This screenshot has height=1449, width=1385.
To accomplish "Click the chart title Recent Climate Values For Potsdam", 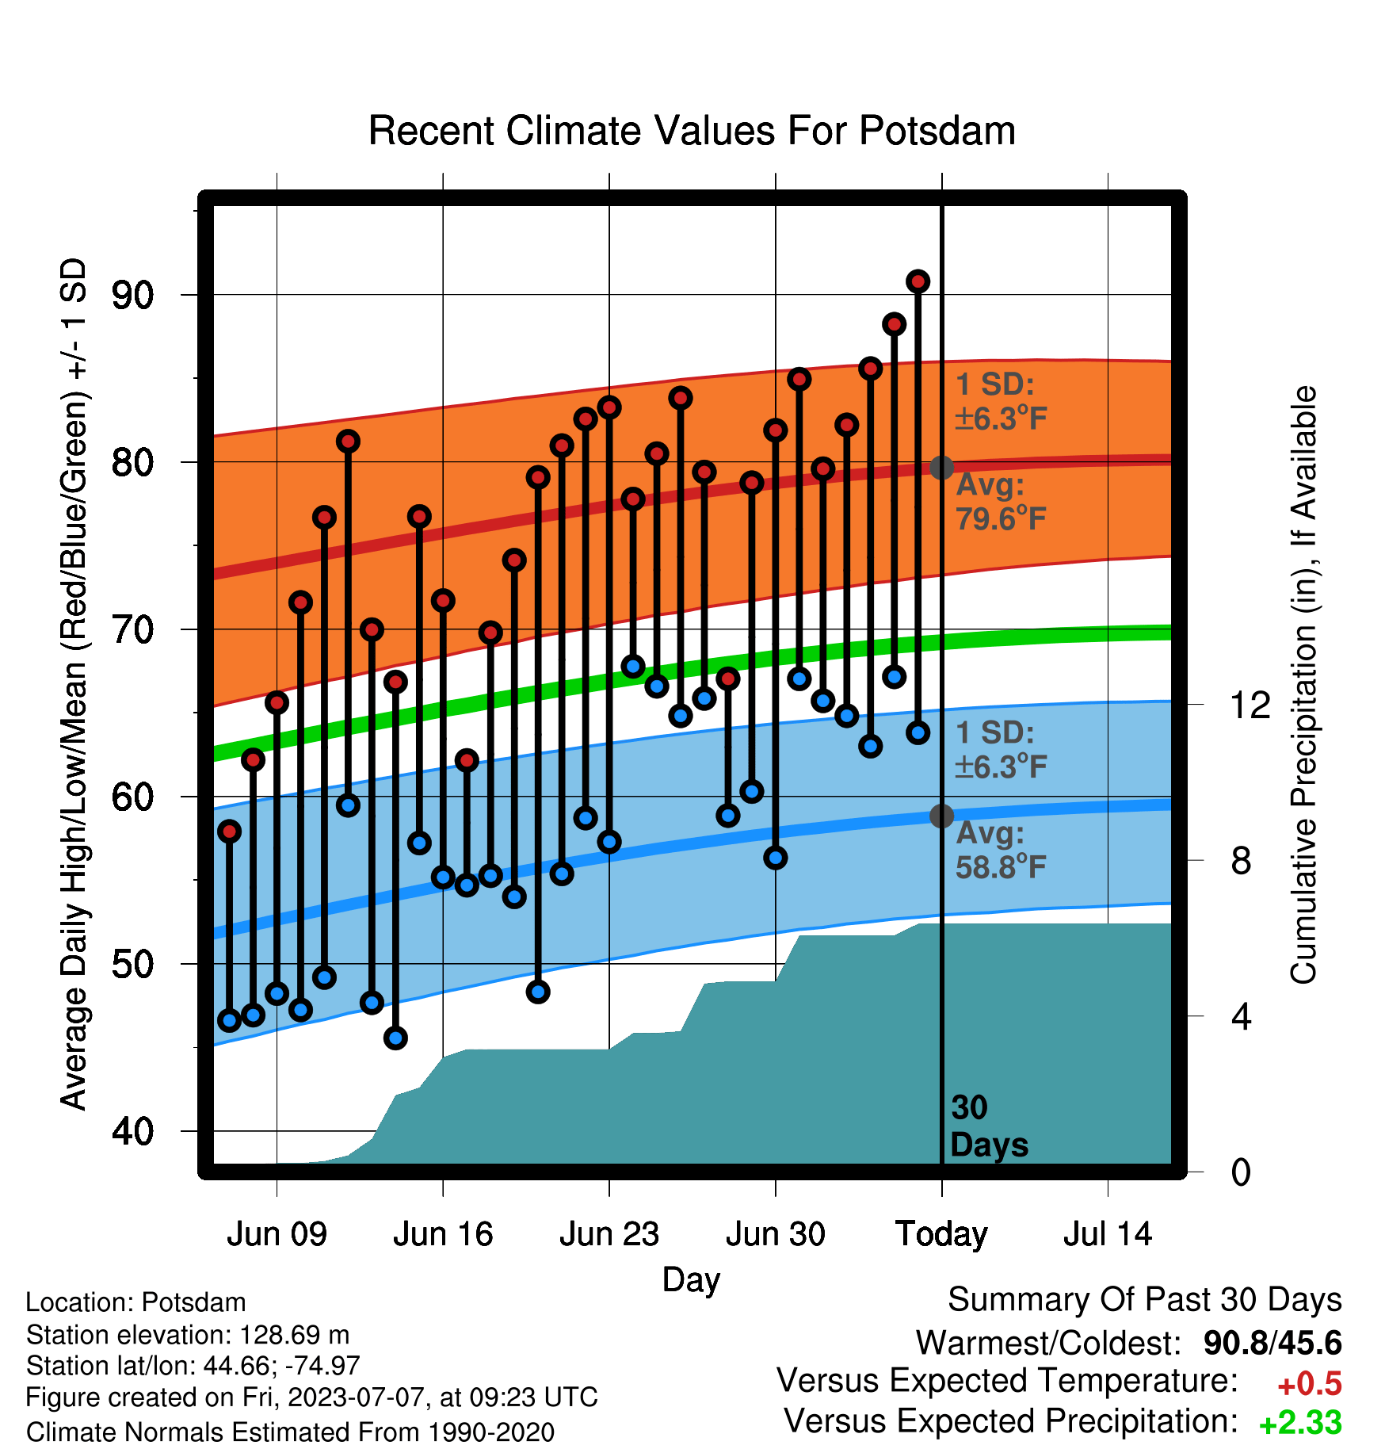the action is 692,131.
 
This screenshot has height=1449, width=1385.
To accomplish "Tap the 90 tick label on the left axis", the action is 132,296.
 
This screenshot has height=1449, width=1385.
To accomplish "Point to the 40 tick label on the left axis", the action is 132,1131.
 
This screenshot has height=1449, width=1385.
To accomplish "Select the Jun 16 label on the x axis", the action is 443,1234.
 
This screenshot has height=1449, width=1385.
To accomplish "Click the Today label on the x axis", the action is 941,1234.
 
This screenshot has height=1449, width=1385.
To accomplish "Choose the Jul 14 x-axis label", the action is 1108,1234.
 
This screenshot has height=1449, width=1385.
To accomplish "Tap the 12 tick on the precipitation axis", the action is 1250,705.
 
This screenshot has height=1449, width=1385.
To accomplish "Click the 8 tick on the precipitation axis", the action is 1241,860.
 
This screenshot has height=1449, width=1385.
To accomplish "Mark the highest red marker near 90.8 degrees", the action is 918,281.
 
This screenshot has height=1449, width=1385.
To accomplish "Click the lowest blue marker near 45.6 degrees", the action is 395,1038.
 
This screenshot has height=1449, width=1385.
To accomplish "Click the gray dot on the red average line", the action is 941,468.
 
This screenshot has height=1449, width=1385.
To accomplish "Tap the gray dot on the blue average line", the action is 941,816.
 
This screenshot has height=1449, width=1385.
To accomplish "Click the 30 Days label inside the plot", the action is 989,1126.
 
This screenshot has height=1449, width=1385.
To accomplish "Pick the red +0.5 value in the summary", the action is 1310,1384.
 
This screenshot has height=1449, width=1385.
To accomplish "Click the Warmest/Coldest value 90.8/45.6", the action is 1272,1343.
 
